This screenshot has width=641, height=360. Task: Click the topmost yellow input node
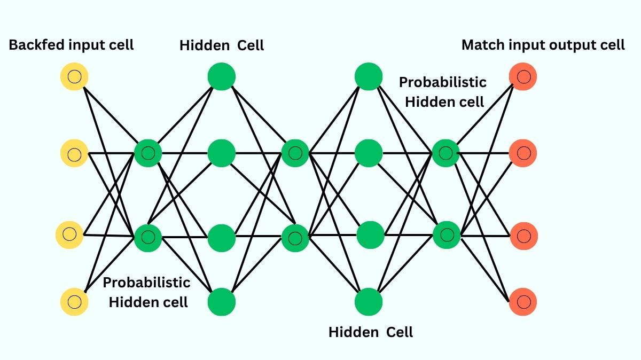click(x=74, y=76)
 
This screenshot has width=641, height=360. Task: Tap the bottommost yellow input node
click(x=74, y=301)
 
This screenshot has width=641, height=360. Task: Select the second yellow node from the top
click(x=74, y=154)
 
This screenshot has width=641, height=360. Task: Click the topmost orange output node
click(x=523, y=76)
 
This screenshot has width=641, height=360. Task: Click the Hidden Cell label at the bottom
click(x=371, y=332)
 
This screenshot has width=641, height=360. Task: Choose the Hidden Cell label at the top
click(x=222, y=45)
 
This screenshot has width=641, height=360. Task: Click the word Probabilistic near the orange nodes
click(x=443, y=82)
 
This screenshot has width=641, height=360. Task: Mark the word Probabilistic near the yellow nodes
click(x=146, y=282)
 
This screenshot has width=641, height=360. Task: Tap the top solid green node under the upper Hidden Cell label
click(x=222, y=76)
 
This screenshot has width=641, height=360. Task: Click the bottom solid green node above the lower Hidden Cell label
click(x=369, y=302)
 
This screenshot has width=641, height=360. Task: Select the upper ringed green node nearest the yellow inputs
click(x=148, y=153)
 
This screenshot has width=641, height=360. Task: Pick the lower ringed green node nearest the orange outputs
click(x=446, y=234)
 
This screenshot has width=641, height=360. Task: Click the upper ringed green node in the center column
click(x=295, y=153)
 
